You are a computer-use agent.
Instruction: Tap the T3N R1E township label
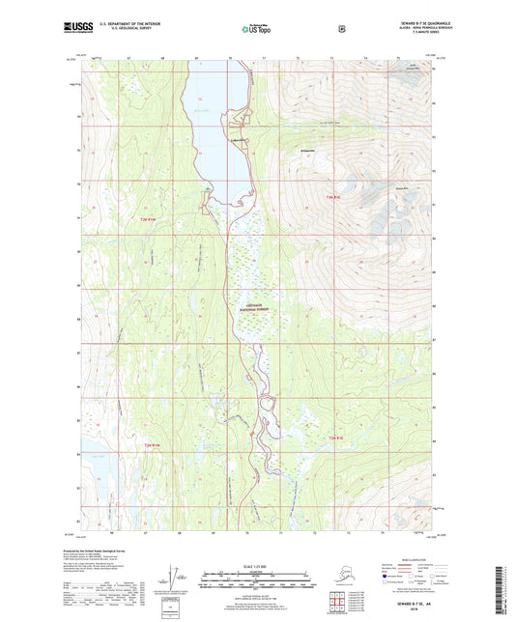(x=333, y=198)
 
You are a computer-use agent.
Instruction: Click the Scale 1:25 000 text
(x=254, y=567)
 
